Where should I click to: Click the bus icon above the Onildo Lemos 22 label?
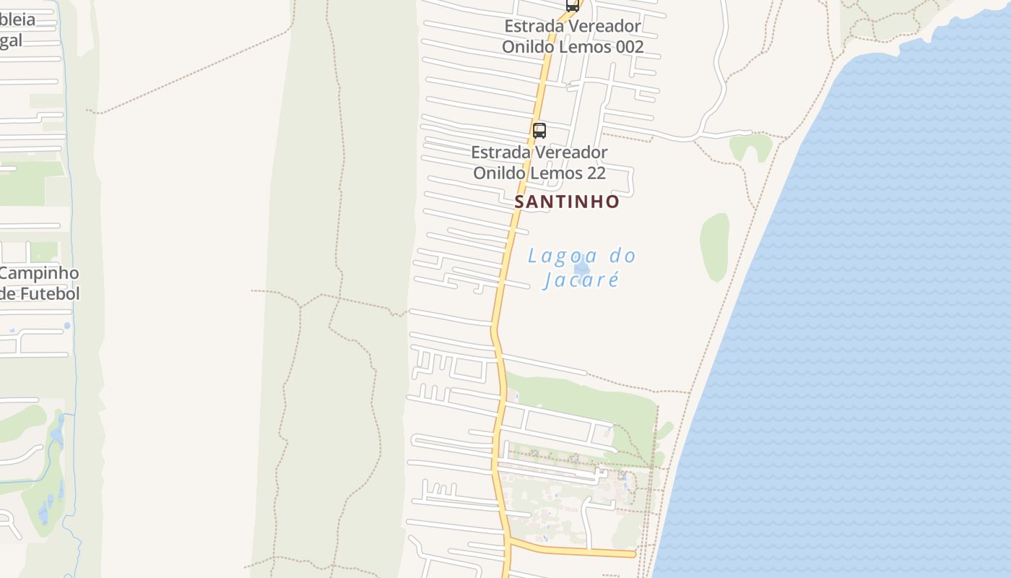pos(539,131)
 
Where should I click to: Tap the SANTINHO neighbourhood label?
pos(567,202)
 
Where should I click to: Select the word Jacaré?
pos(581,280)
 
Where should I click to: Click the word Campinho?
pos(40,273)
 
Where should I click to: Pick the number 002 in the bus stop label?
pos(625,47)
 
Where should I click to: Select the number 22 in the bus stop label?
pos(596,173)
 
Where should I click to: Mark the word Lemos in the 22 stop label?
pos(557,173)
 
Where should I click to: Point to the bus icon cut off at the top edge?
pos(572,5)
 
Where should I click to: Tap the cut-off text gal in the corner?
pos(11,40)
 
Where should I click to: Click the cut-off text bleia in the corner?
pos(17,20)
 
